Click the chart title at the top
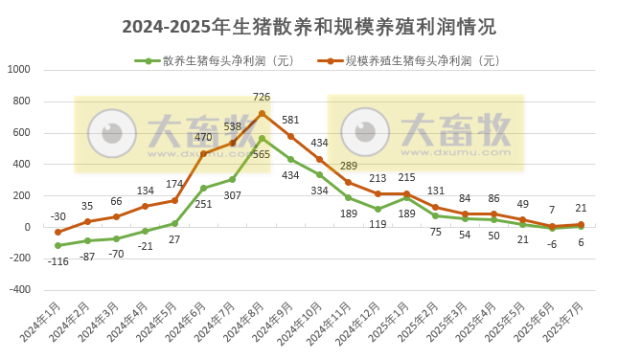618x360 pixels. [309, 27]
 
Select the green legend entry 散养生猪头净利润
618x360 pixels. [220, 61]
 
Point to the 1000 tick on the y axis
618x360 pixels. [19, 70]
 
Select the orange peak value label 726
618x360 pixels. [262, 97]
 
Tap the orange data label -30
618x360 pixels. [58, 216]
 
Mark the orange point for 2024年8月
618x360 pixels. [262, 113]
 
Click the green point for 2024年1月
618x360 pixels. [58, 246]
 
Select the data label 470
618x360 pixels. [203, 138]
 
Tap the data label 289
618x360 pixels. [349, 167]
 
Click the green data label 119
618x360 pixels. [378, 224]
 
